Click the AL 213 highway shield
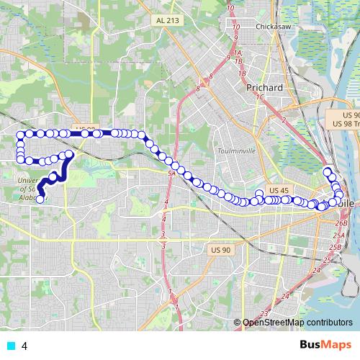166,21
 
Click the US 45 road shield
278,190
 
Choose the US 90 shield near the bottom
220,230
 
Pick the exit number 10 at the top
230,8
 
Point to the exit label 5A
171,174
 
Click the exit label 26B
341,224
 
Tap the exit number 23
264,313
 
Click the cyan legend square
10,346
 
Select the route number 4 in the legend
24,346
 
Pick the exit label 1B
243,73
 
